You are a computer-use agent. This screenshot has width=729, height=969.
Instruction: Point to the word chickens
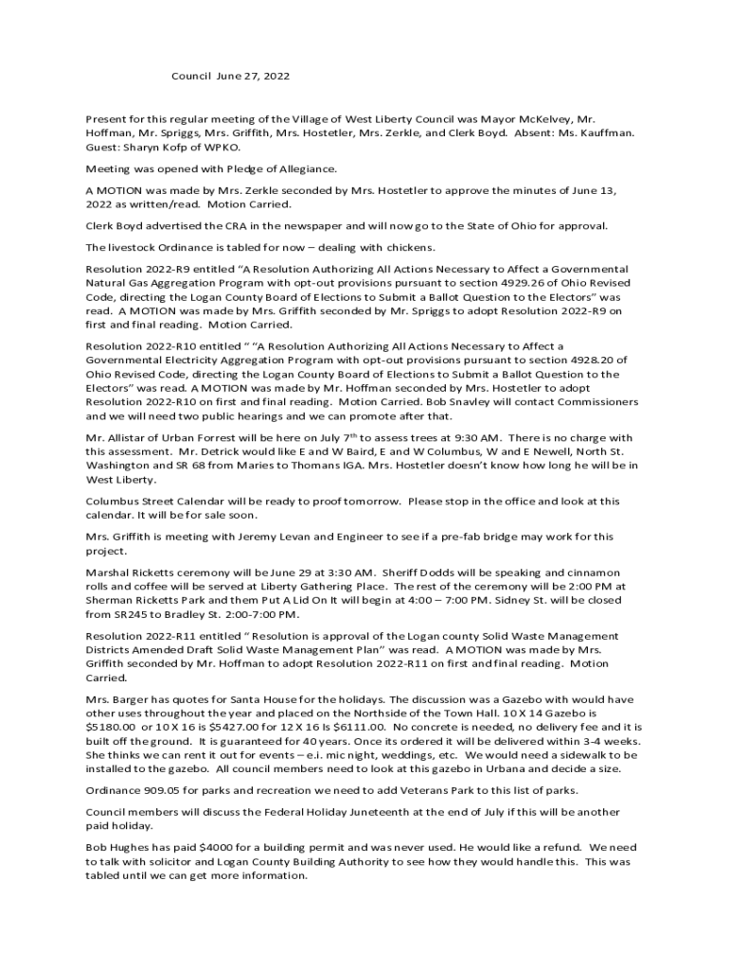click(406, 248)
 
